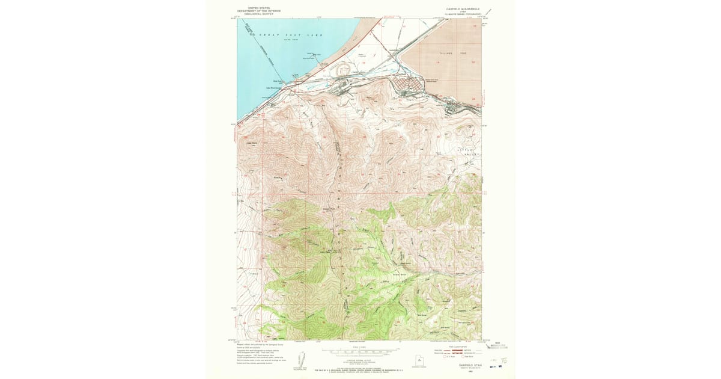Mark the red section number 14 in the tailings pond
[439, 62]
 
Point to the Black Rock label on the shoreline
[278, 81]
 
